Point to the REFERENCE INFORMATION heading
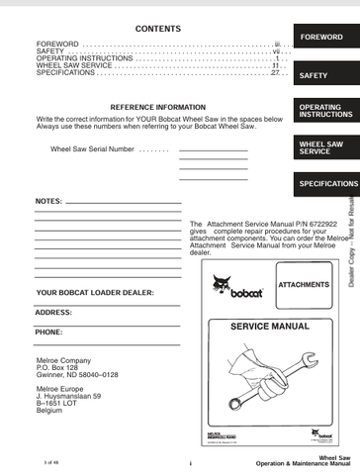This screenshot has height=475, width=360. pos(157,107)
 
